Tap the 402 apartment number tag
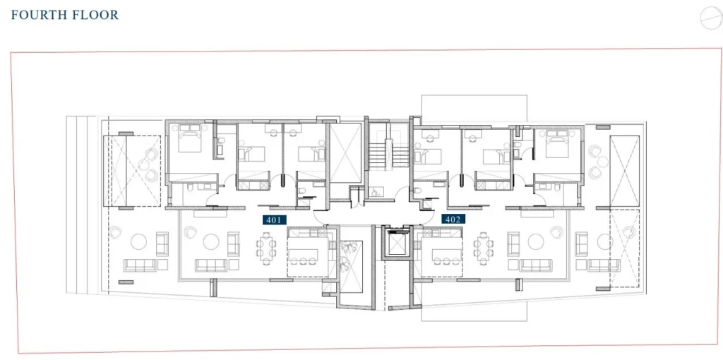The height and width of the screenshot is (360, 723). pyautogui.click(x=453, y=220)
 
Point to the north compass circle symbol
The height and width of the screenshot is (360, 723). pyautogui.click(x=710, y=18)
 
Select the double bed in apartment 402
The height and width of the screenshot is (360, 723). pyautogui.click(x=557, y=144)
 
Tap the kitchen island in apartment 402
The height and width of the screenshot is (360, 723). pyautogui.click(x=446, y=254)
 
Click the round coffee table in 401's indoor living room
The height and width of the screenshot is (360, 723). pyautogui.click(x=211, y=241)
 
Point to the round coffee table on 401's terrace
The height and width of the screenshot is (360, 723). pyautogui.click(x=138, y=241)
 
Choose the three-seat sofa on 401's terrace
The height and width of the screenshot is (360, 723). pyautogui.click(x=139, y=265)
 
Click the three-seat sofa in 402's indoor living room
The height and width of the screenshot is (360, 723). pyautogui.click(x=536, y=265)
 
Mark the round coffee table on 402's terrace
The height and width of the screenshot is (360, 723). pyautogui.click(x=604, y=241)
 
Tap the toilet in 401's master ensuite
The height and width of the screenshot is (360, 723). pyautogui.click(x=190, y=187)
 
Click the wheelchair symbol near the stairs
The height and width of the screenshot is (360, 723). pyautogui.click(x=374, y=192)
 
